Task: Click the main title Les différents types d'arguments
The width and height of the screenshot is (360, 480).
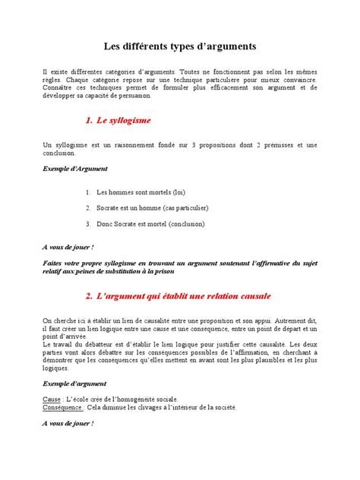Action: tap(180, 46)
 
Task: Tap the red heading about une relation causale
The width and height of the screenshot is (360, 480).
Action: tap(178, 295)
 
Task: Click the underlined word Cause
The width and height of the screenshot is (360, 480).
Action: tap(52, 399)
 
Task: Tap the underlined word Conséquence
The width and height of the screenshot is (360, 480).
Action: tap(62, 407)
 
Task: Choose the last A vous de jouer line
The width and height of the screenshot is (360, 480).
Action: tap(68, 423)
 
